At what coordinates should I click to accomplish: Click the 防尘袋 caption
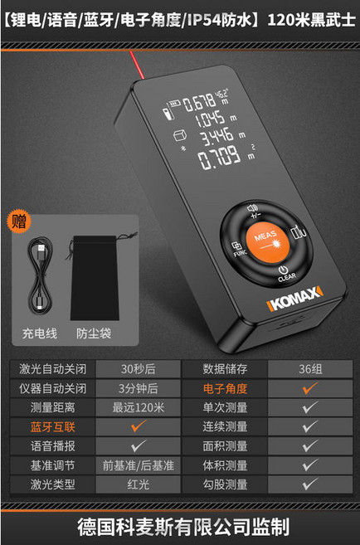94,333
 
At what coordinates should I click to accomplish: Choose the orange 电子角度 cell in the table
226,388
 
